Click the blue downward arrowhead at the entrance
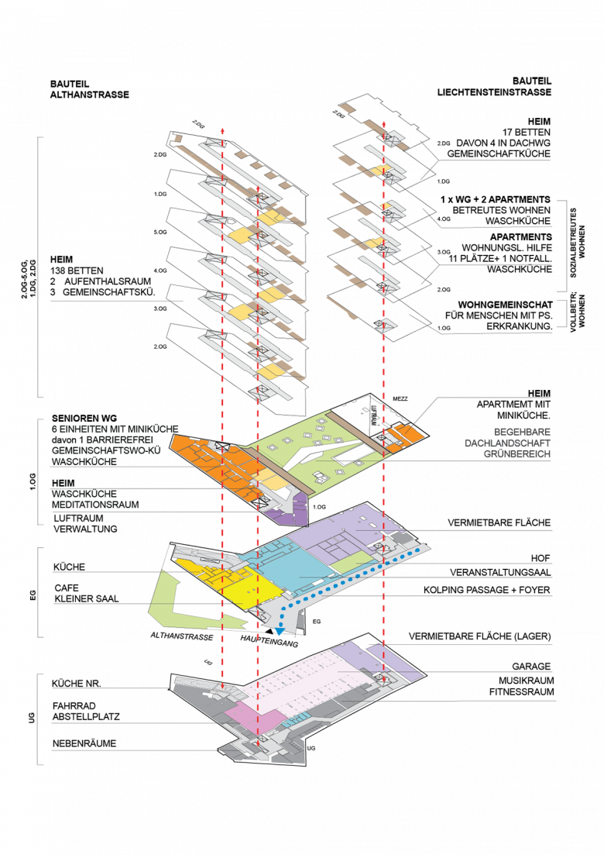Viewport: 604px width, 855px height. tap(280, 633)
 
